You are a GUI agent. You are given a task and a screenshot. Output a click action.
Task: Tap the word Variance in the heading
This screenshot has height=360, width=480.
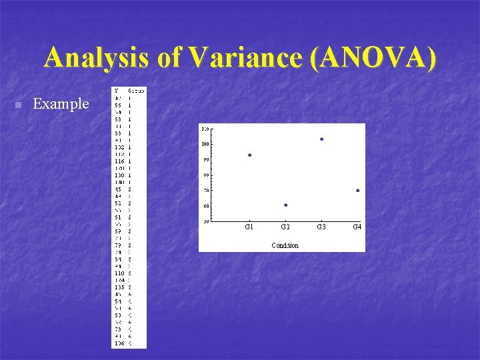click(247, 59)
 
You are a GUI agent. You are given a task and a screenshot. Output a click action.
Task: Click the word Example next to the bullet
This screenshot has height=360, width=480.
click(61, 103)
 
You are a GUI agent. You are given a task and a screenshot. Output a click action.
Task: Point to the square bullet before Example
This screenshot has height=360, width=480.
click(19, 105)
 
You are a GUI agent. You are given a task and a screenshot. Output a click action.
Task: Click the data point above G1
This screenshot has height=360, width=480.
click(249, 155)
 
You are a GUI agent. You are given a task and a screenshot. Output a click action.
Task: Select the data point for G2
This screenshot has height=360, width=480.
click(285, 205)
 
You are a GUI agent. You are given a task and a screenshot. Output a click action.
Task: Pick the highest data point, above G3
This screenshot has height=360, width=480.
click(321, 139)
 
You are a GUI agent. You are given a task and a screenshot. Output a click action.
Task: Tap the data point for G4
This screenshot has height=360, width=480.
click(357, 190)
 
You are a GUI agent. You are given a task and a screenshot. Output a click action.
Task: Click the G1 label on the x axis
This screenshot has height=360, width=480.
click(249, 227)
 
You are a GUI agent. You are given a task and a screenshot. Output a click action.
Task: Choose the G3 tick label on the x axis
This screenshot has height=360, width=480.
click(321, 227)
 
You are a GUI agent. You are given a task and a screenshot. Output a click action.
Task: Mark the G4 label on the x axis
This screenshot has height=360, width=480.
click(357, 227)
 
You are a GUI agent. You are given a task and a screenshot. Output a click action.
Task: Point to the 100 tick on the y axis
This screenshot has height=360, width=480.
click(205, 144)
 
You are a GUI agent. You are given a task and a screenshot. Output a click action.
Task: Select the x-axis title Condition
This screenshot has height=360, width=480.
click(285, 245)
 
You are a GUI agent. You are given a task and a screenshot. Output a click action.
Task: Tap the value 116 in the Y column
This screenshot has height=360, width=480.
click(119, 161)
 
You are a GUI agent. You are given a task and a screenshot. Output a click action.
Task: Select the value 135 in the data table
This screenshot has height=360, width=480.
click(119, 287)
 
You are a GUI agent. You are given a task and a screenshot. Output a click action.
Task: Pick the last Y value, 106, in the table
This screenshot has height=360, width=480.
click(119, 344)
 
